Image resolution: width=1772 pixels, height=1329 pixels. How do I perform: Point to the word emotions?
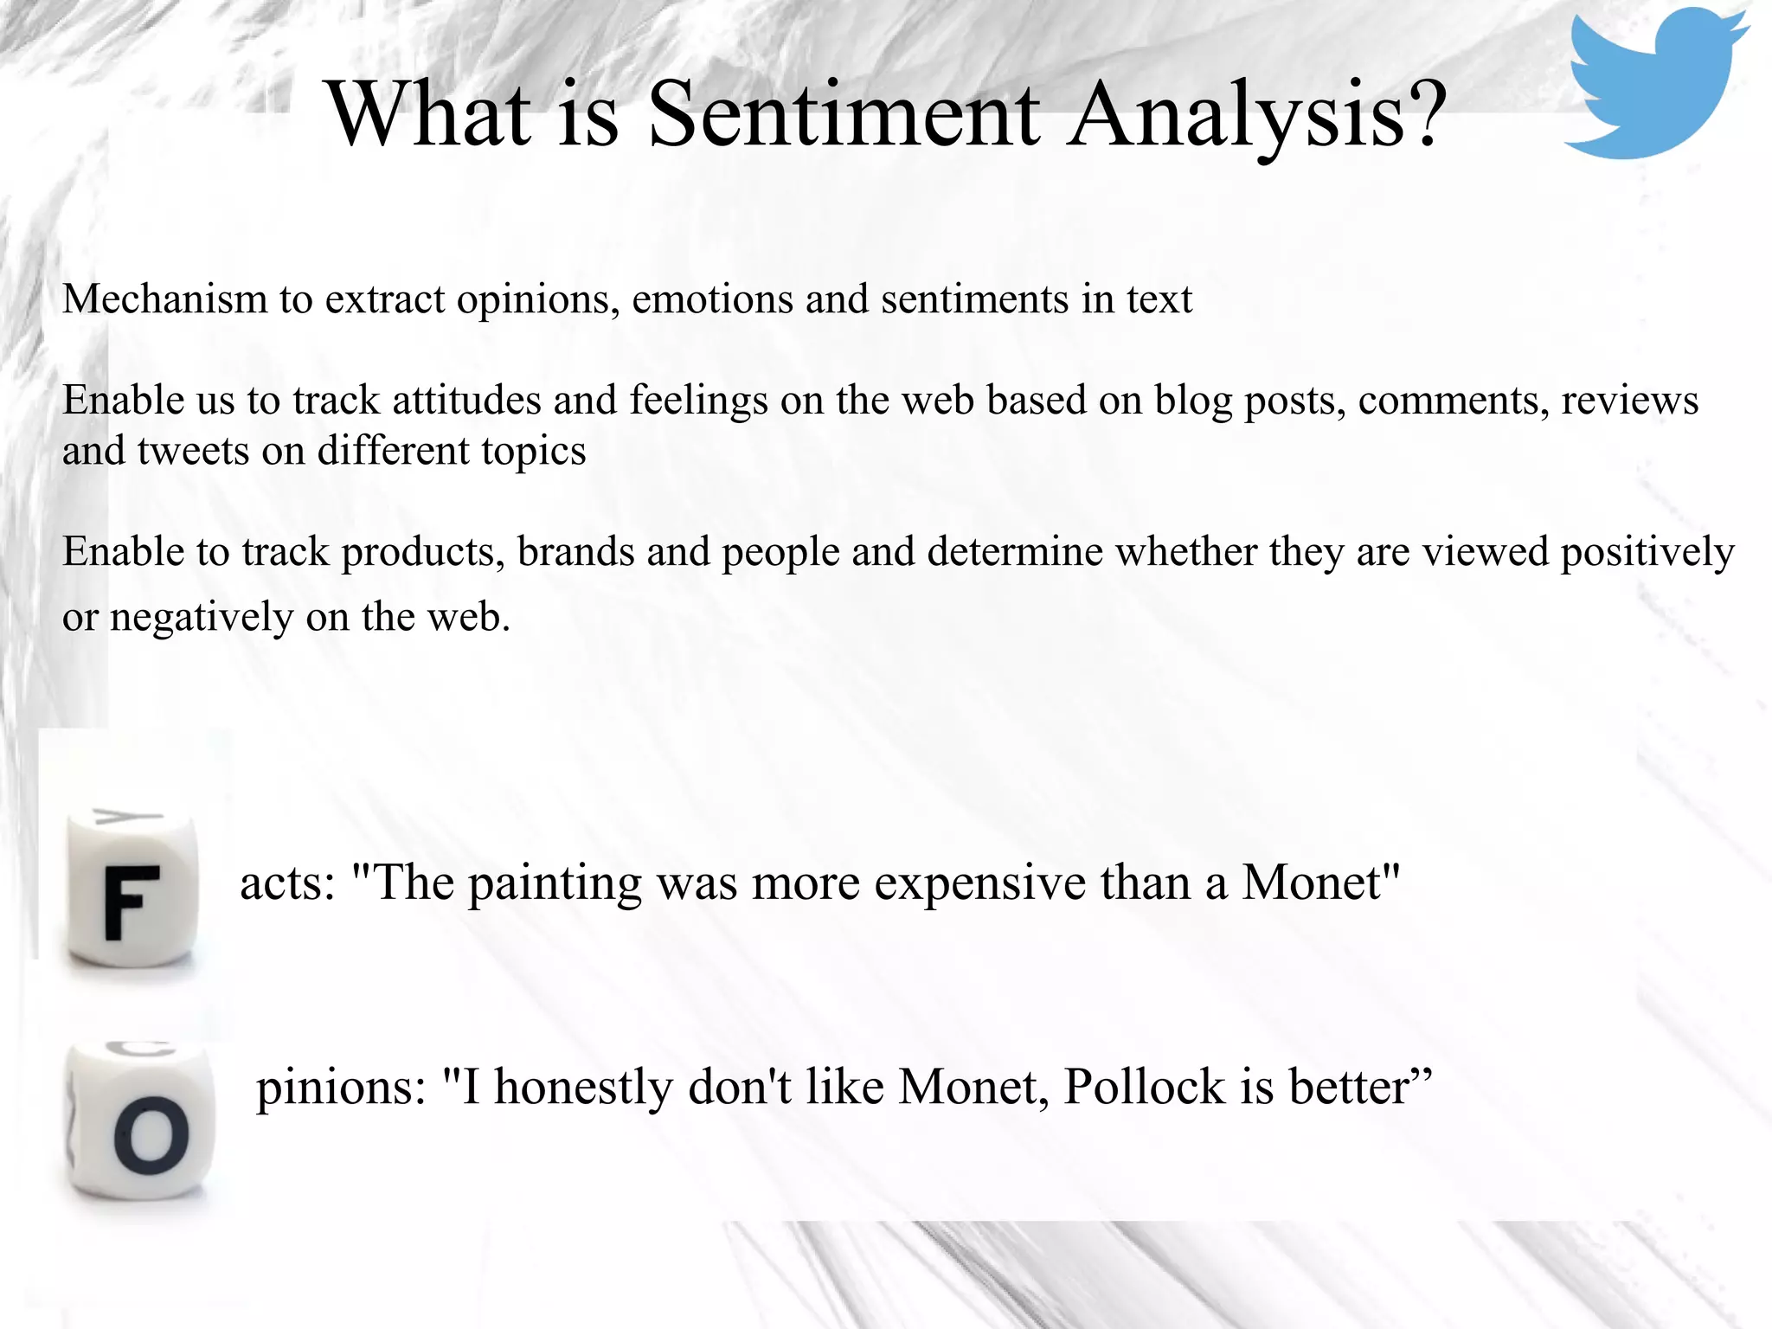[712, 299]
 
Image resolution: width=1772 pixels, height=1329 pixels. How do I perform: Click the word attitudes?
[467, 401]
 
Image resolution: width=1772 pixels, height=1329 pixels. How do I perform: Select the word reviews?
[1629, 401]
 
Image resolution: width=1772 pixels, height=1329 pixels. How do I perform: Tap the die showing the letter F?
[132, 896]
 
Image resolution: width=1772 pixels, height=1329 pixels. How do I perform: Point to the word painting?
[555, 885]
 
